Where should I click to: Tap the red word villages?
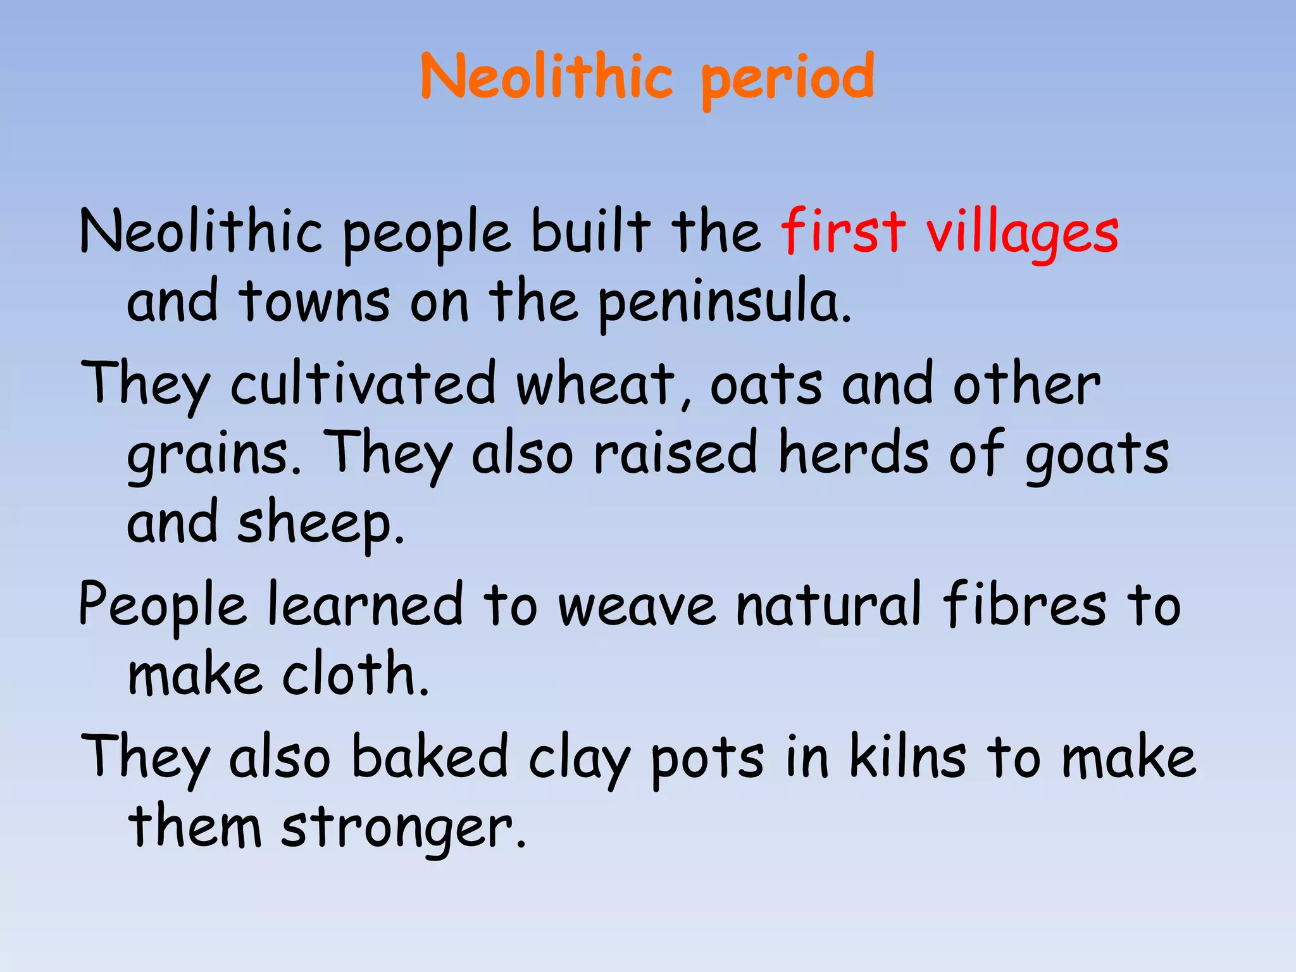(1023, 233)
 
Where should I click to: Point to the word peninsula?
(725, 302)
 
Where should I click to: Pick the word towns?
(315, 301)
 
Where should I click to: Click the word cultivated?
(363, 383)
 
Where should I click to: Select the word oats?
(766, 385)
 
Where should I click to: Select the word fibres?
(1025, 605)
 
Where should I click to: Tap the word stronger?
(403, 828)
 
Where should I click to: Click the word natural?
(829, 605)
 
